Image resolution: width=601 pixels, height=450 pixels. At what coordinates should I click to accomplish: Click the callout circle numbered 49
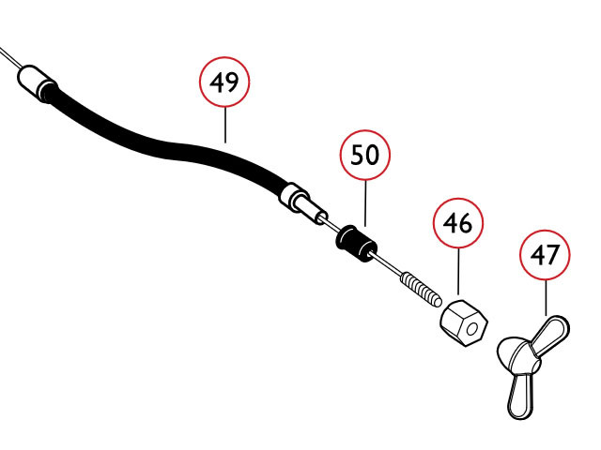pyautogui.click(x=224, y=82)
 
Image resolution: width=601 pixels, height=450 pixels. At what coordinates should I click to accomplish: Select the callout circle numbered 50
pyautogui.click(x=365, y=155)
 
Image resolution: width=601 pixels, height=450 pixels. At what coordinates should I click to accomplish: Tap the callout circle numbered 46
pyautogui.click(x=458, y=223)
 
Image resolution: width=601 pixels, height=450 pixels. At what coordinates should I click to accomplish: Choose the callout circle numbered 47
pyautogui.click(x=545, y=255)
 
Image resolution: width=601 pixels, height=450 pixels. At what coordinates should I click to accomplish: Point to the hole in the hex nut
pyautogui.click(x=471, y=329)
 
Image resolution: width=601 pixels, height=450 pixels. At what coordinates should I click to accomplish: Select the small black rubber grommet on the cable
pyautogui.click(x=356, y=244)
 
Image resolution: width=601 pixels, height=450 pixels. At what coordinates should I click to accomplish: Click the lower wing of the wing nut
pyautogui.click(x=520, y=396)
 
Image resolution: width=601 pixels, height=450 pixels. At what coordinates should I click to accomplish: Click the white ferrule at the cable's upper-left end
pyautogui.click(x=36, y=82)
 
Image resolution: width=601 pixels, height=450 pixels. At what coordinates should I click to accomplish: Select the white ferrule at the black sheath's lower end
pyautogui.click(x=302, y=204)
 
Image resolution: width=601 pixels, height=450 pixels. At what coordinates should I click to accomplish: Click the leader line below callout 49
pyautogui.click(x=225, y=125)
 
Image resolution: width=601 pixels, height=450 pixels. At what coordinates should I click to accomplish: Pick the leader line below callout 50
pyautogui.click(x=365, y=203)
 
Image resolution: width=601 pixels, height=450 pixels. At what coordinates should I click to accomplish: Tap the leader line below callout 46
pyautogui.click(x=458, y=271)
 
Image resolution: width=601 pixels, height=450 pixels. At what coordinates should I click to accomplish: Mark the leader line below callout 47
pyautogui.click(x=546, y=298)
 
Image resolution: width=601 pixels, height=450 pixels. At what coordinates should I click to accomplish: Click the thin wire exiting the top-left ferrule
pyautogui.click(x=9, y=57)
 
